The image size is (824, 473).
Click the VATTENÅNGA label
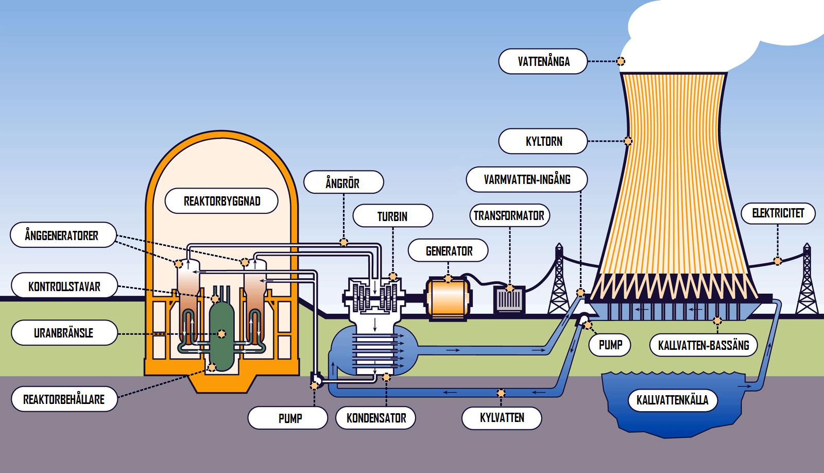pos(543,61)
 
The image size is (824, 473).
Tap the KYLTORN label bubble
pos(543,141)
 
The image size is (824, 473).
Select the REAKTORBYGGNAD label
pos(221,201)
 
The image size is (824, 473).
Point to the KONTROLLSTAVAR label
pos(64,285)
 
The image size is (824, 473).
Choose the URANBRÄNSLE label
pos(64,333)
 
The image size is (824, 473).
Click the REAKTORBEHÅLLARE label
pos(64,399)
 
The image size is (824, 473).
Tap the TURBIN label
pos(392,216)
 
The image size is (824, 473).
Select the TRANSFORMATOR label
pos(509,215)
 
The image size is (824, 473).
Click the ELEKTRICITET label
pos(778,213)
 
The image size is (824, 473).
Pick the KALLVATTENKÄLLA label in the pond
pos(672,400)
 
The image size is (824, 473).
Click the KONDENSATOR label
pos(376,418)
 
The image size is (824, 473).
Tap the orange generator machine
pos(448,297)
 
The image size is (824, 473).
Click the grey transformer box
pos(509,299)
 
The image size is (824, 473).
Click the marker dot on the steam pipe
pos(344,242)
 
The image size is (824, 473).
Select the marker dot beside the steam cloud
pos(621,61)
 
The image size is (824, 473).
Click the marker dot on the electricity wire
pos(777,261)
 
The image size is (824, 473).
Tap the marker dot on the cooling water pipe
pos(501,393)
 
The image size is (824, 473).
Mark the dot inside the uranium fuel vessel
pos(221,334)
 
